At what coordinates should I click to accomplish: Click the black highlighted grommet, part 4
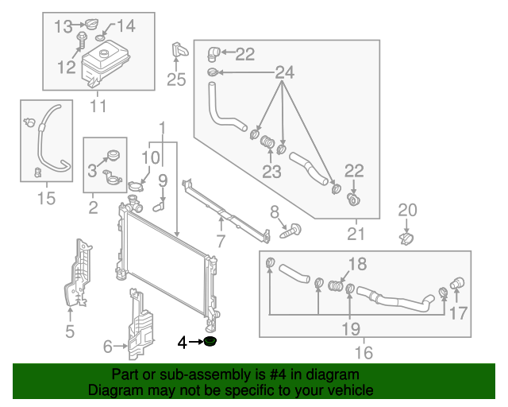(210, 343)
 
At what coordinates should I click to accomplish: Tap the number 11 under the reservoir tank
(98, 106)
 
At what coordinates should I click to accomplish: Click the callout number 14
(125, 26)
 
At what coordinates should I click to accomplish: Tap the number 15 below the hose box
(46, 198)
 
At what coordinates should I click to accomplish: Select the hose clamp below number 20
(406, 237)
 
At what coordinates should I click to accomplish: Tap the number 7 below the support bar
(221, 241)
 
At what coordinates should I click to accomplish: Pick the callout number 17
(458, 313)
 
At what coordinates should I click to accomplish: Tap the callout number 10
(151, 157)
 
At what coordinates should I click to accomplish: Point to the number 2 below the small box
(93, 208)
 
